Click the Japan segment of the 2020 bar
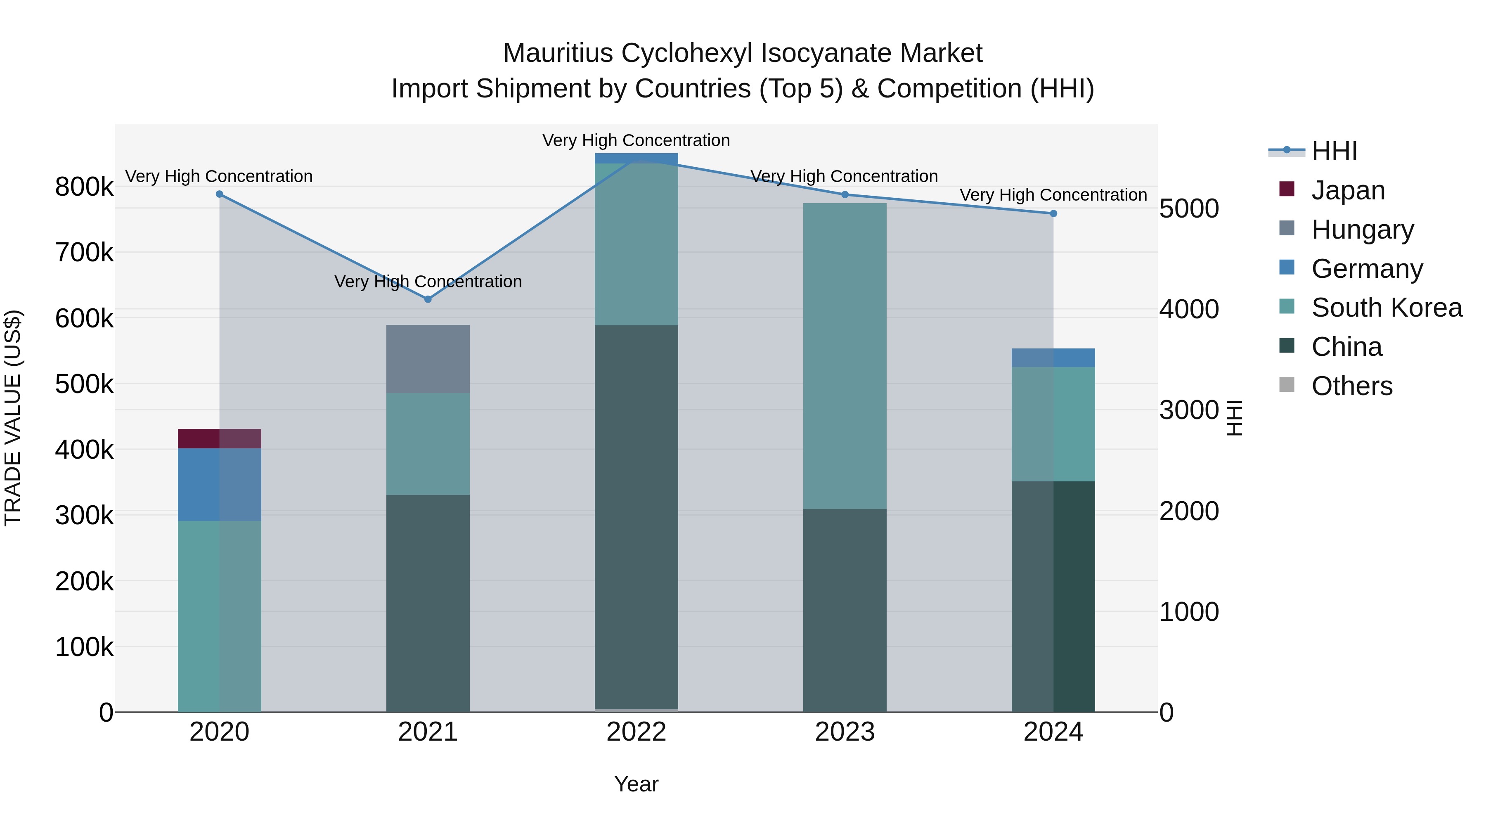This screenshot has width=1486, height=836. click(x=219, y=438)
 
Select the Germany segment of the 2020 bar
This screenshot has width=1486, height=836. click(x=219, y=485)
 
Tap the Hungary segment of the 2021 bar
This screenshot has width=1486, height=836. click(x=428, y=359)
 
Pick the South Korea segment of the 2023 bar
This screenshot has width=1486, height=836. click(x=845, y=355)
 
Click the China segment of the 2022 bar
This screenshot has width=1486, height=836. click(x=636, y=516)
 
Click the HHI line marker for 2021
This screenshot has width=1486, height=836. click(x=428, y=299)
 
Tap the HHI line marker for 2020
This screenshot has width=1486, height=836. click(x=219, y=194)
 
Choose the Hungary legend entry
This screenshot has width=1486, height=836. click(x=1362, y=230)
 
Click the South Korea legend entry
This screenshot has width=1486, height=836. click(x=1386, y=308)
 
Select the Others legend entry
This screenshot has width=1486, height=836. click(x=1351, y=386)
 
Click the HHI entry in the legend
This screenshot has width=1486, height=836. click(x=1334, y=151)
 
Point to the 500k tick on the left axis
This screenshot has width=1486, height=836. click(x=84, y=384)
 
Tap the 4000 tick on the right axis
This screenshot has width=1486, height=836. click(x=1189, y=309)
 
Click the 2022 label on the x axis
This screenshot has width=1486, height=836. click(x=636, y=732)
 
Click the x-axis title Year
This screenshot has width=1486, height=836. click(x=636, y=784)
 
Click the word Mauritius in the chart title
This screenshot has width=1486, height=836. click(x=557, y=53)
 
